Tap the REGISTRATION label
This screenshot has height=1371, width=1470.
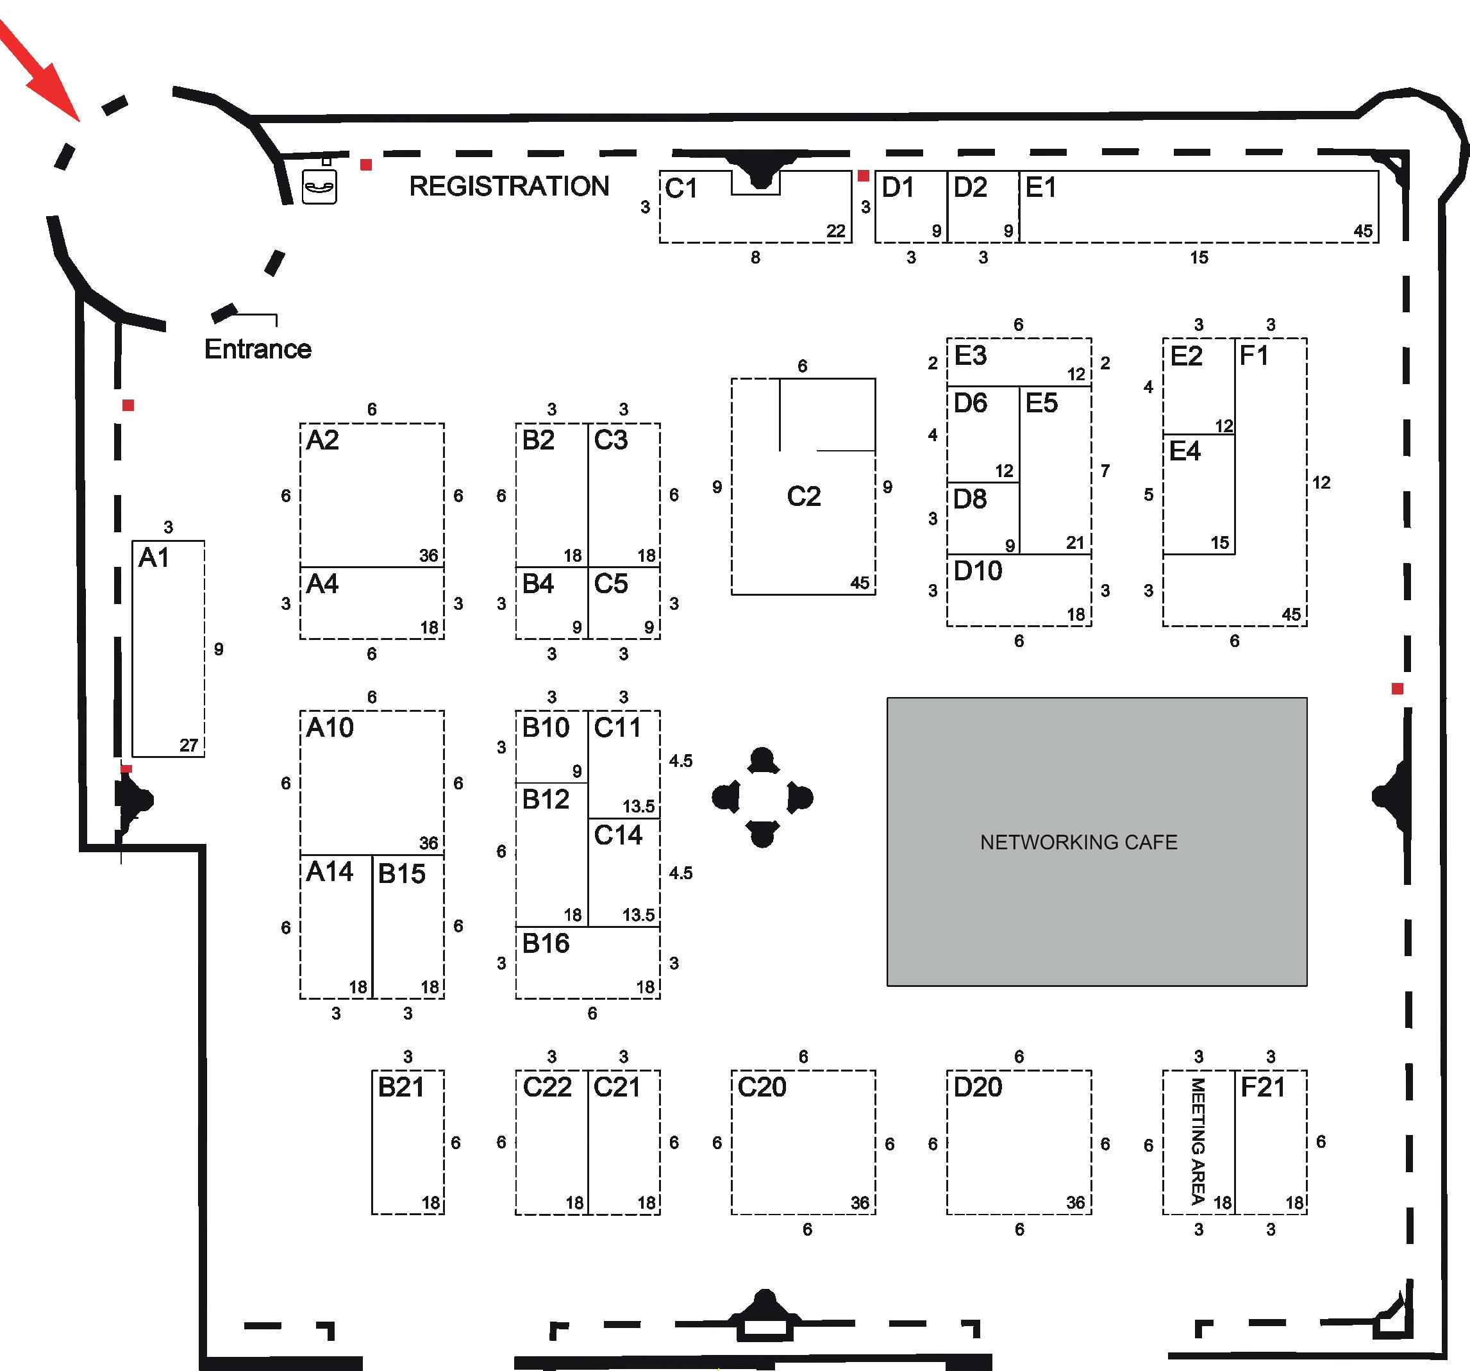(x=509, y=187)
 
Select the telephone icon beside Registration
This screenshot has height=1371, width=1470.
(x=319, y=187)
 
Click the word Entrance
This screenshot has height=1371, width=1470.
(x=257, y=349)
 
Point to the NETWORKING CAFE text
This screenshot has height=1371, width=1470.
(x=1078, y=842)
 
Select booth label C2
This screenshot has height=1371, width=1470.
(x=803, y=496)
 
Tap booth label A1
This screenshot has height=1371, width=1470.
(x=154, y=557)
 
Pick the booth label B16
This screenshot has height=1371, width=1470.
(x=546, y=943)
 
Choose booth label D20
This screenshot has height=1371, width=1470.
(x=978, y=1087)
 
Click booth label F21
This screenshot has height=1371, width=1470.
(x=1262, y=1087)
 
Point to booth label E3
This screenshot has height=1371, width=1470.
(x=970, y=356)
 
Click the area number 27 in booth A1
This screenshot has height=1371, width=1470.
(x=188, y=745)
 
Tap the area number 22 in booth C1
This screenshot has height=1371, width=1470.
(x=835, y=231)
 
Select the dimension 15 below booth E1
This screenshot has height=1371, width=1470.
(x=1199, y=257)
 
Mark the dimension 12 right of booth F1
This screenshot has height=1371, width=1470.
(x=1321, y=483)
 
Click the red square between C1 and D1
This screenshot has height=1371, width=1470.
(x=863, y=176)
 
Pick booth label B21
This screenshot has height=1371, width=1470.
(x=401, y=1087)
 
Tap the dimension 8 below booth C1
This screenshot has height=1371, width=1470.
(x=755, y=257)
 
